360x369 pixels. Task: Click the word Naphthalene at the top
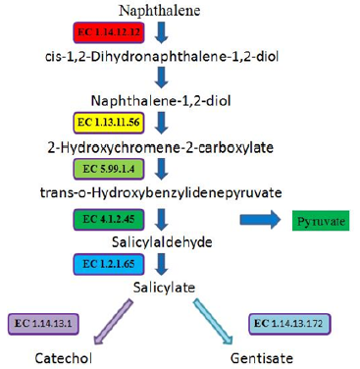[x=160, y=11]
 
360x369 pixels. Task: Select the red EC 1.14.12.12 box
[x=109, y=32]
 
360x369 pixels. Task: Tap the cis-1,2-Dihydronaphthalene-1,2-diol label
[x=162, y=57]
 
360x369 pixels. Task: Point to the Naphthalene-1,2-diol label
[x=161, y=100]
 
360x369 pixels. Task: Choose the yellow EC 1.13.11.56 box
[x=109, y=123]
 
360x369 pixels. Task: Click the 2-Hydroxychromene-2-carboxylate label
[x=161, y=147]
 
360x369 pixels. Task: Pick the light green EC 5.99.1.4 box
[x=109, y=169]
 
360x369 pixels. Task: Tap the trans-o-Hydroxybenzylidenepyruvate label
[x=161, y=192]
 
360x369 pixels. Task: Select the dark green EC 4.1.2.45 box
[x=109, y=219]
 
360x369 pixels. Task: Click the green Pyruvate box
[x=321, y=221]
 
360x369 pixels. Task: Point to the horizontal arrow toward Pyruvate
[x=260, y=220]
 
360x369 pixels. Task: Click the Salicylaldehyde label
[x=162, y=242]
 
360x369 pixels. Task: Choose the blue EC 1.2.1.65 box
[x=109, y=264]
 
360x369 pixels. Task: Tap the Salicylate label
[x=164, y=288]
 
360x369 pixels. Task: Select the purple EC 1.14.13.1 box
[x=43, y=324]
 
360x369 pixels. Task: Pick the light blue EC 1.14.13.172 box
[x=289, y=324]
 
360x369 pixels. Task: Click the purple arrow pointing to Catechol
[x=113, y=322]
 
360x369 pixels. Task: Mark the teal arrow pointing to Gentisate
[x=213, y=321]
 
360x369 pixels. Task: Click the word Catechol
[x=64, y=358]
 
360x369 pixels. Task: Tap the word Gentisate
[x=262, y=358]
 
